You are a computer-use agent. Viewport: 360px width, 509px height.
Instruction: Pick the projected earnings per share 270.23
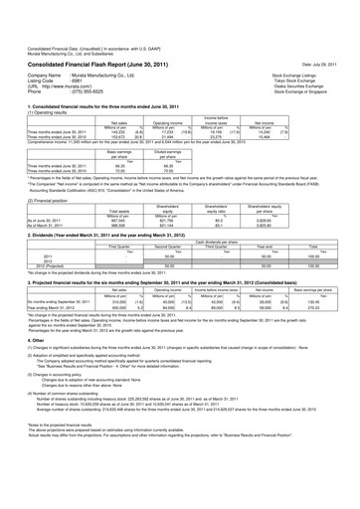[317, 287]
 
